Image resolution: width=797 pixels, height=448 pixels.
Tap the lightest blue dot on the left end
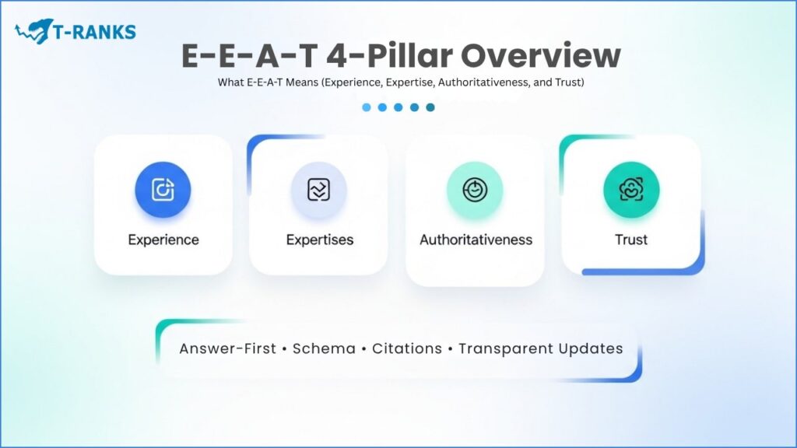(x=367, y=107)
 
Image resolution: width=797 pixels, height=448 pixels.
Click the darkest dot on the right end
(x=430, y=107)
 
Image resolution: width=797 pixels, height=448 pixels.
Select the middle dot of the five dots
(x=398, y=107)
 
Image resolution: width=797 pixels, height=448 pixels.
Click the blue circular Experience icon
(x=163, y=189)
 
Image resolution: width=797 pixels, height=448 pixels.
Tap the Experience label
(x=163, y=240)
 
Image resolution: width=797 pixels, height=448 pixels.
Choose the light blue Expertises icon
(x=319, y=189)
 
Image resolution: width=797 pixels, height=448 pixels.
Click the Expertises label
(x=319, y=240)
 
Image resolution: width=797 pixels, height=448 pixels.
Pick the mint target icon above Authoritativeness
(x=475, y=189)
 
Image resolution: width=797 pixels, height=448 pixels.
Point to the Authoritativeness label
(x=476, y=240)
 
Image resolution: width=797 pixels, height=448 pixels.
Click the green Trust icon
(x=631, y=189)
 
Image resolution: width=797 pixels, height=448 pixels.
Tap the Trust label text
(x=631, y=240)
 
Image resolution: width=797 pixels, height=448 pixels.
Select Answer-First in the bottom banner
(x=227, y=348)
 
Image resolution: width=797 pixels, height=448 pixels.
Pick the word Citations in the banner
(x=405, y=348)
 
